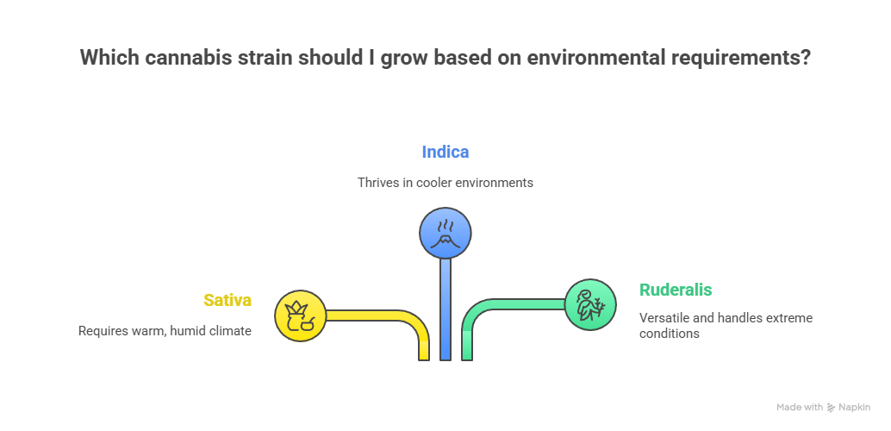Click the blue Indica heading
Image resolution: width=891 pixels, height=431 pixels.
click(445, 152)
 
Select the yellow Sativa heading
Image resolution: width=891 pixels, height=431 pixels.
click(227, 300)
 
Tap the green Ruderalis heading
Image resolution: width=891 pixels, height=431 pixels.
click(676, 290)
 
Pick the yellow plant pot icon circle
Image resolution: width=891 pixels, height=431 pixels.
click(300, 315)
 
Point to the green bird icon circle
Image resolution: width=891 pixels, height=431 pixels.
click(590, 303)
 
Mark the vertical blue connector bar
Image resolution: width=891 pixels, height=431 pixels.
click(445, 310)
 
